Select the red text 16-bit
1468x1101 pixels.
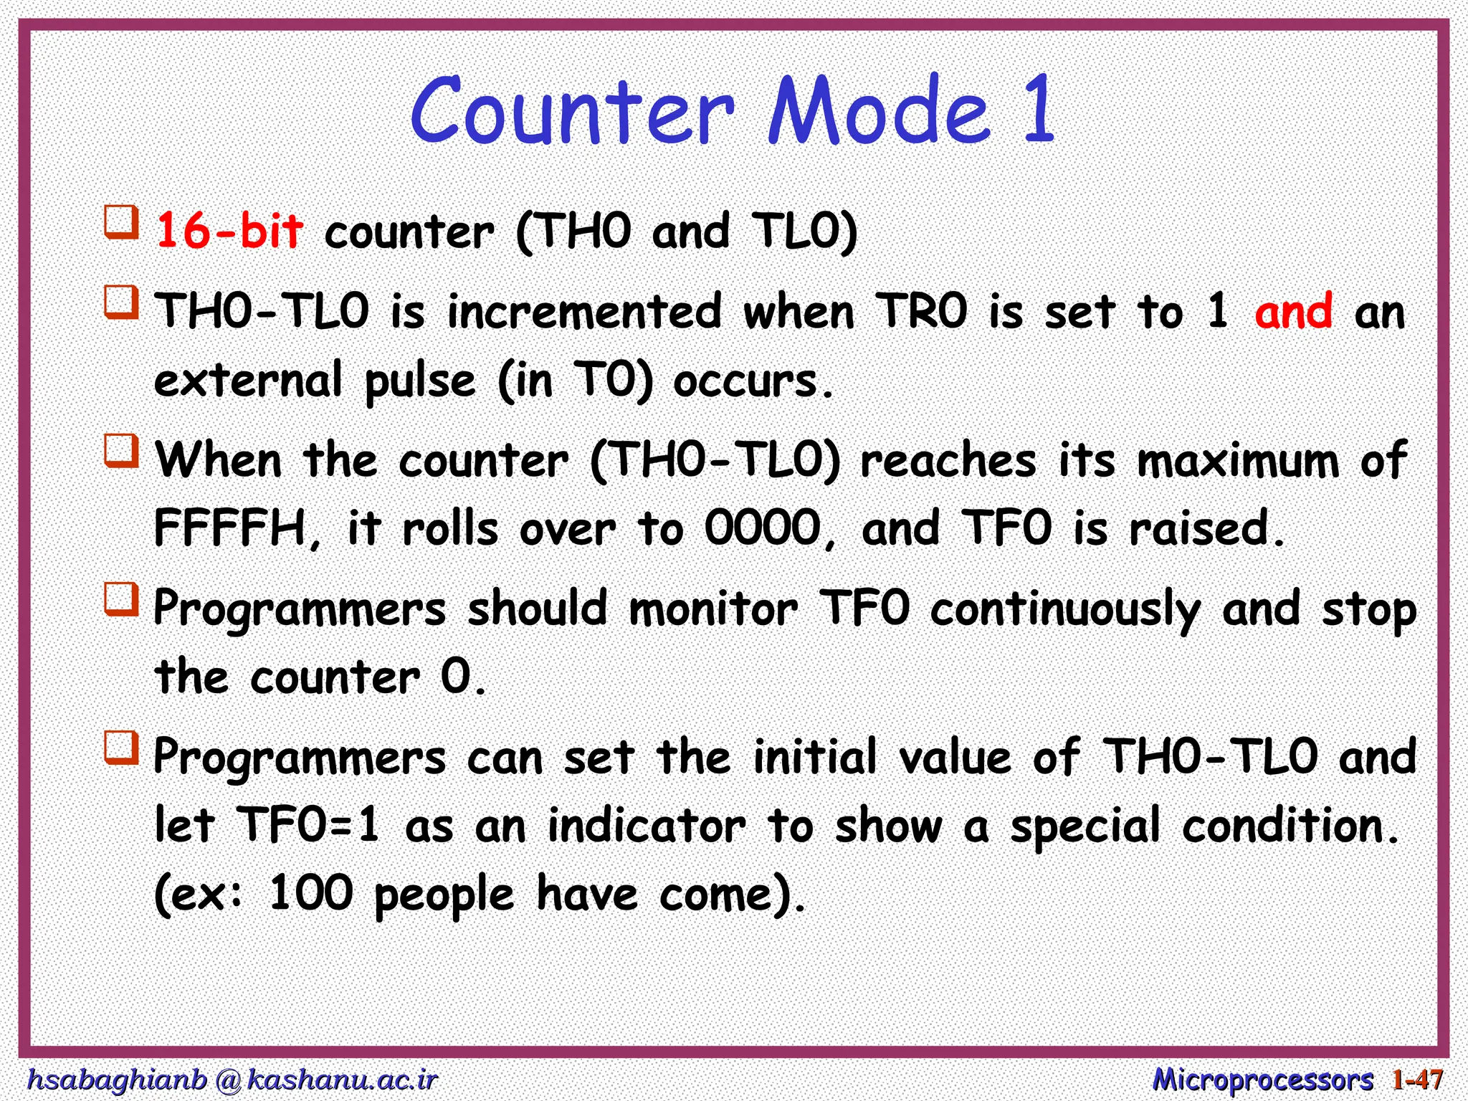pos(229,231)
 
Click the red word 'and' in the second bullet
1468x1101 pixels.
pos(1294,312)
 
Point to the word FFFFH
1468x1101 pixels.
pos(232,528)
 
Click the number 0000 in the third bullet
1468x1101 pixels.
pos(762,528)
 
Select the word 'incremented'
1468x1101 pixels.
pos(584,312)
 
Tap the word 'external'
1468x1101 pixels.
pos(248,381)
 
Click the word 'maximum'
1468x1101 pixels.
pos(1238,460)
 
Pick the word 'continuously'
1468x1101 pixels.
pos(1065,609)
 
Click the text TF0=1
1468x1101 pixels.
pos(309,825)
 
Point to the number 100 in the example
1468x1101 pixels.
pos(310,893)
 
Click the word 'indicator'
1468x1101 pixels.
pos(647,825)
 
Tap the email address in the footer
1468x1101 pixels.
pos(232,1079)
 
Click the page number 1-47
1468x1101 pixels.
pos(1417,1079)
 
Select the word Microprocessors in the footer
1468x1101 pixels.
pos(1262,1079)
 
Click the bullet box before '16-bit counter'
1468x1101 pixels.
pos(122,221)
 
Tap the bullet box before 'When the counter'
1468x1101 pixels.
pos(122,450)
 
